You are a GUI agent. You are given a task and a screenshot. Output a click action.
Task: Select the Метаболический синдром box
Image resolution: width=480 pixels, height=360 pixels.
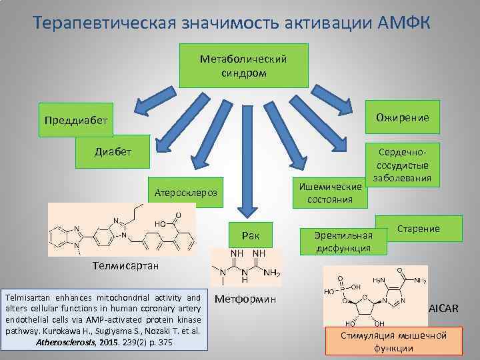[x=244, y=66]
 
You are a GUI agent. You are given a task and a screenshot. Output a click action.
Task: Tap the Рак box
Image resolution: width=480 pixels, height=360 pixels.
[x=251, y=235]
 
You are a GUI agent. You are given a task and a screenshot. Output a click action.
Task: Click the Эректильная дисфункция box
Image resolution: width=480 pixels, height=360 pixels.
[x=344, y=242]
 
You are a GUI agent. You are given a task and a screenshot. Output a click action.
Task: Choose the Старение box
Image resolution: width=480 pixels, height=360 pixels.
[x=419, y=229]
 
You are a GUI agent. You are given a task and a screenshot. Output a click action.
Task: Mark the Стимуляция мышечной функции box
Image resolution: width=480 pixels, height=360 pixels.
[x=394, y=341]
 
